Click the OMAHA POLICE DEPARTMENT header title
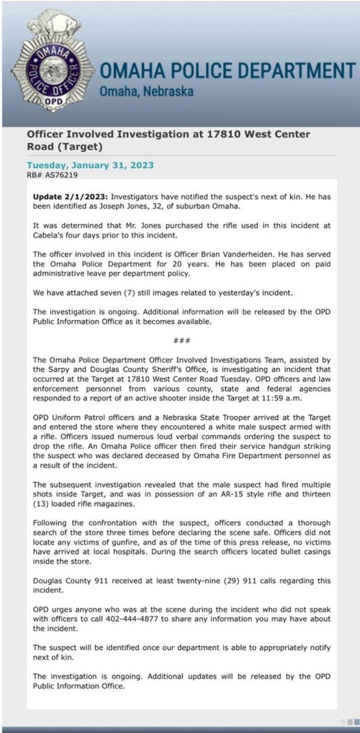[227, 71]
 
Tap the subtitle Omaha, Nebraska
[146, 92]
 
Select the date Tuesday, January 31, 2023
[90, 165]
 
